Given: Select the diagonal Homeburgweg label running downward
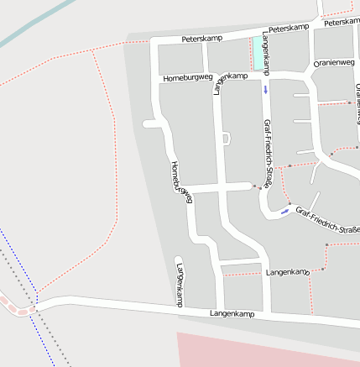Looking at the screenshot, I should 181,181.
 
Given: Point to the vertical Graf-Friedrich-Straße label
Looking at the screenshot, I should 268,152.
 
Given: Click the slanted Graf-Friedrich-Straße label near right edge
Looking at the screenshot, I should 326,220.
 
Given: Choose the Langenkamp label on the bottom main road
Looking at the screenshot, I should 231,313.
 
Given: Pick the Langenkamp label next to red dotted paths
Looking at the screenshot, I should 287,273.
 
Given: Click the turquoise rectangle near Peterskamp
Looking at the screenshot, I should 256,54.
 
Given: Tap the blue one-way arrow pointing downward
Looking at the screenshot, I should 266,89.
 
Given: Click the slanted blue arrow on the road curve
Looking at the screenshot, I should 285,211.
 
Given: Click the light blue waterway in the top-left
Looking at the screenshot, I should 34,24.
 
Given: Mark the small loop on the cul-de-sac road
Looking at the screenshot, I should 225,138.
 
